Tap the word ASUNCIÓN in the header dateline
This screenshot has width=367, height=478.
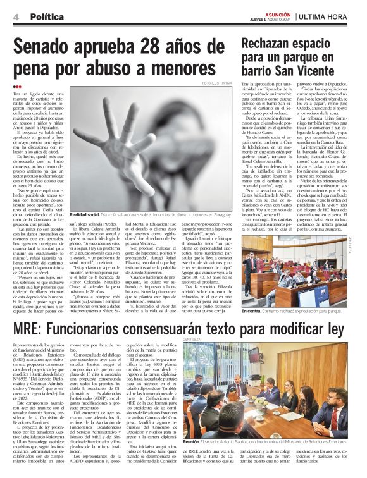tap(278, 14)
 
